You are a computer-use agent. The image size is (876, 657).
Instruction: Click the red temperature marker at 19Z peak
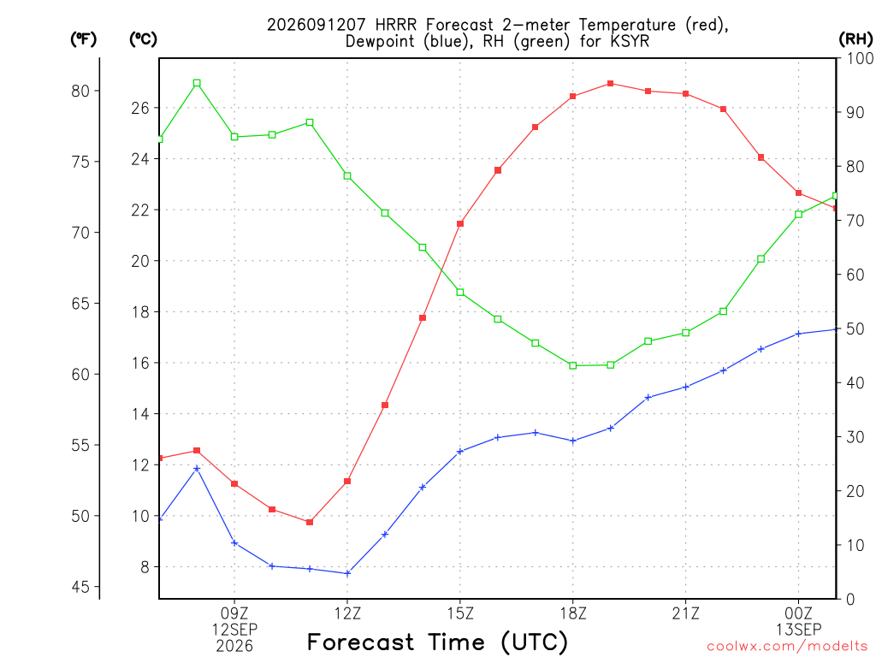pyautogui.click(x=611, y=84)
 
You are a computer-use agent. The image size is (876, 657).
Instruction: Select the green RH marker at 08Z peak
pyautogui.click(x=197, y=83)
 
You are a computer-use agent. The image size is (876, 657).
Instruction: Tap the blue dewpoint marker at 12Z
pyautogui.click(x=347, y=573)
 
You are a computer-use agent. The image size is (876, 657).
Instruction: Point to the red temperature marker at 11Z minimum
pyautogui.click(x=310, y=523)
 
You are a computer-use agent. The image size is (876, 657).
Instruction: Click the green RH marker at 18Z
pyautogui.click(x=572, y=366)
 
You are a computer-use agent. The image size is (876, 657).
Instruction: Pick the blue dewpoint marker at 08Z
pyautogui.click(x=197, y=469)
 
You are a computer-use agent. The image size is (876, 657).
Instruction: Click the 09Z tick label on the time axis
pyautogui.click(x=234, y=613)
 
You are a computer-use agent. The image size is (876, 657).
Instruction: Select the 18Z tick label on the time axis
pyautogui.click(x=573, y=613)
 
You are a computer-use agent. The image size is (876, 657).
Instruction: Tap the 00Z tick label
pyautogui.click(x=799, y=613)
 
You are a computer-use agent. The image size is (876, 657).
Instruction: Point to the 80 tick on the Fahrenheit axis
pyautogui.click(x=80, y=91)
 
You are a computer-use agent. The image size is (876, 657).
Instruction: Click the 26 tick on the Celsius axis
pyautogui.click(x=141, y=108)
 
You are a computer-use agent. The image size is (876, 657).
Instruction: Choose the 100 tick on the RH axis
pyautogui.click(x=861, y=58)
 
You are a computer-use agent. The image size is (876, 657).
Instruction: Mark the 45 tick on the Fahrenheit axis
pyautogui.click(x=80, y=587)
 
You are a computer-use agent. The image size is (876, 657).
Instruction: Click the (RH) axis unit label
pyautogui.click(x=855, y=39)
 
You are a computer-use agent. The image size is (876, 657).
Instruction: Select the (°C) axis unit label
pyautogui.click(x=143, y=39)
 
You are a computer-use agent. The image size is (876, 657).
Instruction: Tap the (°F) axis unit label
pyautogui.click(x=83, y=39)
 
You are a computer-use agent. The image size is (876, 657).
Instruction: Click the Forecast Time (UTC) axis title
pyautogui.click(x=437, y=642)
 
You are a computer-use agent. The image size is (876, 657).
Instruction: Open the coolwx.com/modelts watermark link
pyautogui.click(x=787, y=647)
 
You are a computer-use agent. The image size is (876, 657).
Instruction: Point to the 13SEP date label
pyautogui.click(x=799, y=630)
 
